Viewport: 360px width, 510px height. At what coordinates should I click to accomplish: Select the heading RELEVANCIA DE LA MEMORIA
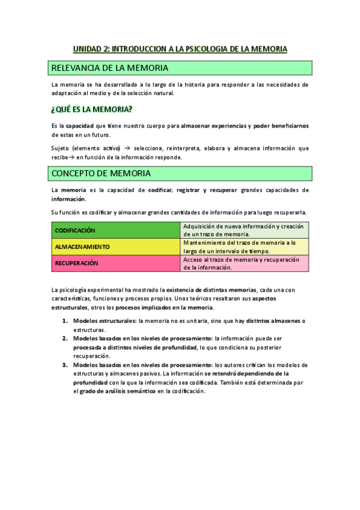pyautogui.click(x=109, y=67)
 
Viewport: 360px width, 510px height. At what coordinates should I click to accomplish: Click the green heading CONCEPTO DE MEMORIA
pyautogui.click(x=101, y=173)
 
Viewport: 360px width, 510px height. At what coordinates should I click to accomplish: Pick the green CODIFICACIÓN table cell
pyautogui.click(x=115, y=230)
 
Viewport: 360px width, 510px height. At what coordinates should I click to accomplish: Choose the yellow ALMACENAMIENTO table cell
pyautogui.click(x=115, y=247)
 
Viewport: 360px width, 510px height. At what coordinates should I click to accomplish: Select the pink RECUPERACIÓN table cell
pyautogui.click(x=115, y=263)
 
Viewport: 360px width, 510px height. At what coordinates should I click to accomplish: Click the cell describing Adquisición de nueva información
pyautogui.click(x=245, y=230)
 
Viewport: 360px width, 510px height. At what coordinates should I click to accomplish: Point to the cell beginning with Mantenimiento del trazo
pyautogui.click(x=245, y=247)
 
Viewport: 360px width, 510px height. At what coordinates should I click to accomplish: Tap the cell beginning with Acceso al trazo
pyautogui.click(x=245, y=263)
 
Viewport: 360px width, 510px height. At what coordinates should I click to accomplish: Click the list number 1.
pyautogui.click(x=65, y=321)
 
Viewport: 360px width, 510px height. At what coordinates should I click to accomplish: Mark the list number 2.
pyautogui.click(x=65, y=339)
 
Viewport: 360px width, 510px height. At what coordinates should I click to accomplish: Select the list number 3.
pyautogui.click(x=65, y=365)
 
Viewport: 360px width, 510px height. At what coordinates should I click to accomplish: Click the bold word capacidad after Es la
pyautogui.click(x=79, y=126)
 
